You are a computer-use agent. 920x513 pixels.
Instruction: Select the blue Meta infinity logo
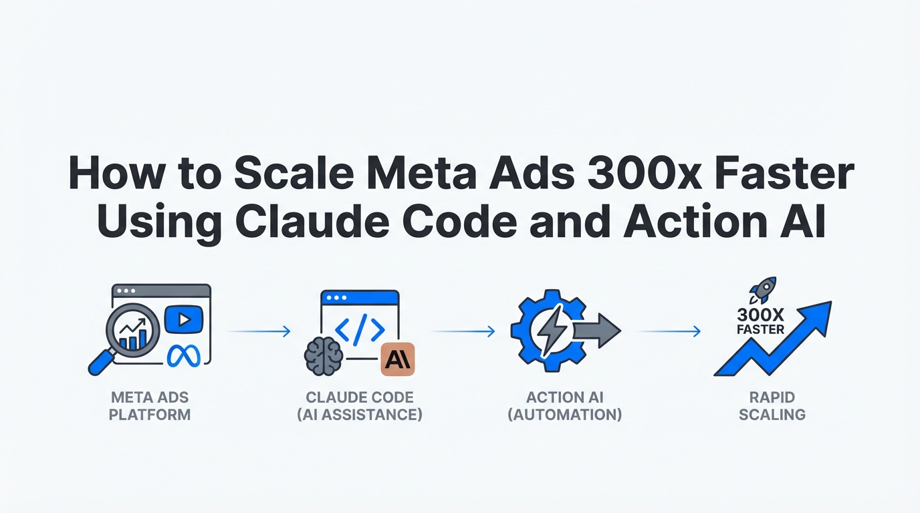click(x=184, y=355)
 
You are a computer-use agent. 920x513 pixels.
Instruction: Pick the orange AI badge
click(x=397, y=360)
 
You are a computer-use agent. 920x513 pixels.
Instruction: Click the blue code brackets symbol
click(x=360, y=329)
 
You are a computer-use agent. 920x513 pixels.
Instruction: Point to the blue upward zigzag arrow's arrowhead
click(x=819, y=314)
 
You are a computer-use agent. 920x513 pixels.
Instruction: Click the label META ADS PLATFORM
click(x=150, y=406)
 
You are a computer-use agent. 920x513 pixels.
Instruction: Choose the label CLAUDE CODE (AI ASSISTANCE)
click(x=360, y=406)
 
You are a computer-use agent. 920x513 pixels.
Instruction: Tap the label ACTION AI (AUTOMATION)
click(x=565, y=406)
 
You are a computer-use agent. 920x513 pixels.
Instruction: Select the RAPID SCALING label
click(x=772, y=406)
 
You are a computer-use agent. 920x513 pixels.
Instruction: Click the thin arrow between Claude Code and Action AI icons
click(x=463, y=331)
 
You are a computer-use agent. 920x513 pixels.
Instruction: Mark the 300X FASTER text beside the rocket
click(x=760, y=321)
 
